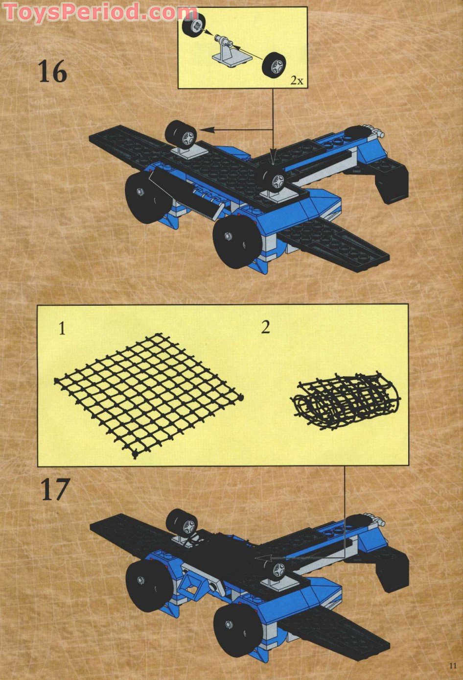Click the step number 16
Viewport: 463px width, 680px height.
[52, 72]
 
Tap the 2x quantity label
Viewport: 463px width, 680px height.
[297, 80]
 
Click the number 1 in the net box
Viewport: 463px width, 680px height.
[62, 329]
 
